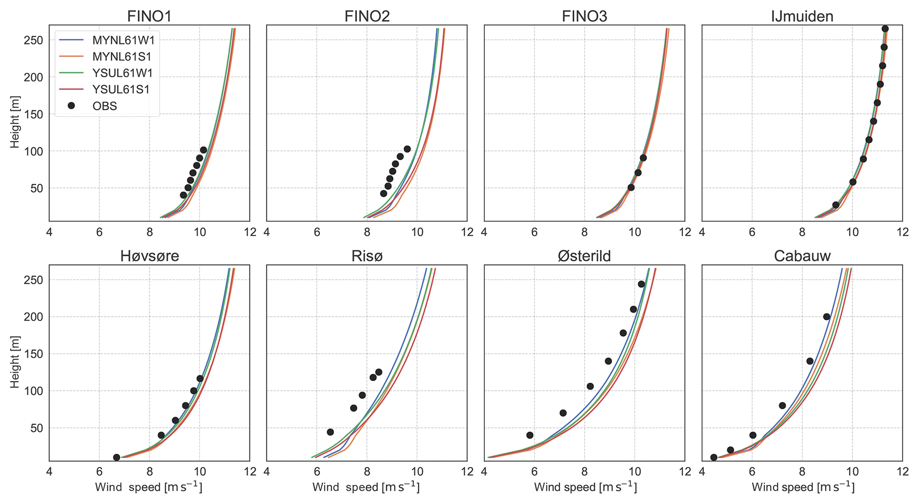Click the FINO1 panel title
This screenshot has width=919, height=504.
tap(149, 16)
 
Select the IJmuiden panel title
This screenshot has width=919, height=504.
tap(802, 16)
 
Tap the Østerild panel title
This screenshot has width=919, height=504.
tap(584, 256)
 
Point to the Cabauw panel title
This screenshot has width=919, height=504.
tap(802, 256)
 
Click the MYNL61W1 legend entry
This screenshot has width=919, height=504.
tap(123, 40)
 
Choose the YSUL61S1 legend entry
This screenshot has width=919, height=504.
tap(121, 89)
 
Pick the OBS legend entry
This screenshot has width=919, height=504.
tap(104, 106)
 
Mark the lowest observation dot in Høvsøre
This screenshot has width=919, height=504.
tap(116, 457)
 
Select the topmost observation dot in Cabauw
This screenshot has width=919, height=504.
tap(827, 317)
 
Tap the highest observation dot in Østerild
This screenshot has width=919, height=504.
tap(641, 284)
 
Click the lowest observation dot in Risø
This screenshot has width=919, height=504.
tap(330, 432)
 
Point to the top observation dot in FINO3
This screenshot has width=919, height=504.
tap(643, 158)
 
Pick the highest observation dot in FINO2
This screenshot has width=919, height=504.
tap(407, 149)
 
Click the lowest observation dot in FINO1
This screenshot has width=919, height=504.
tap(183, 195)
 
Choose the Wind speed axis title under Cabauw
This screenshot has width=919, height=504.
tap(803, 487)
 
